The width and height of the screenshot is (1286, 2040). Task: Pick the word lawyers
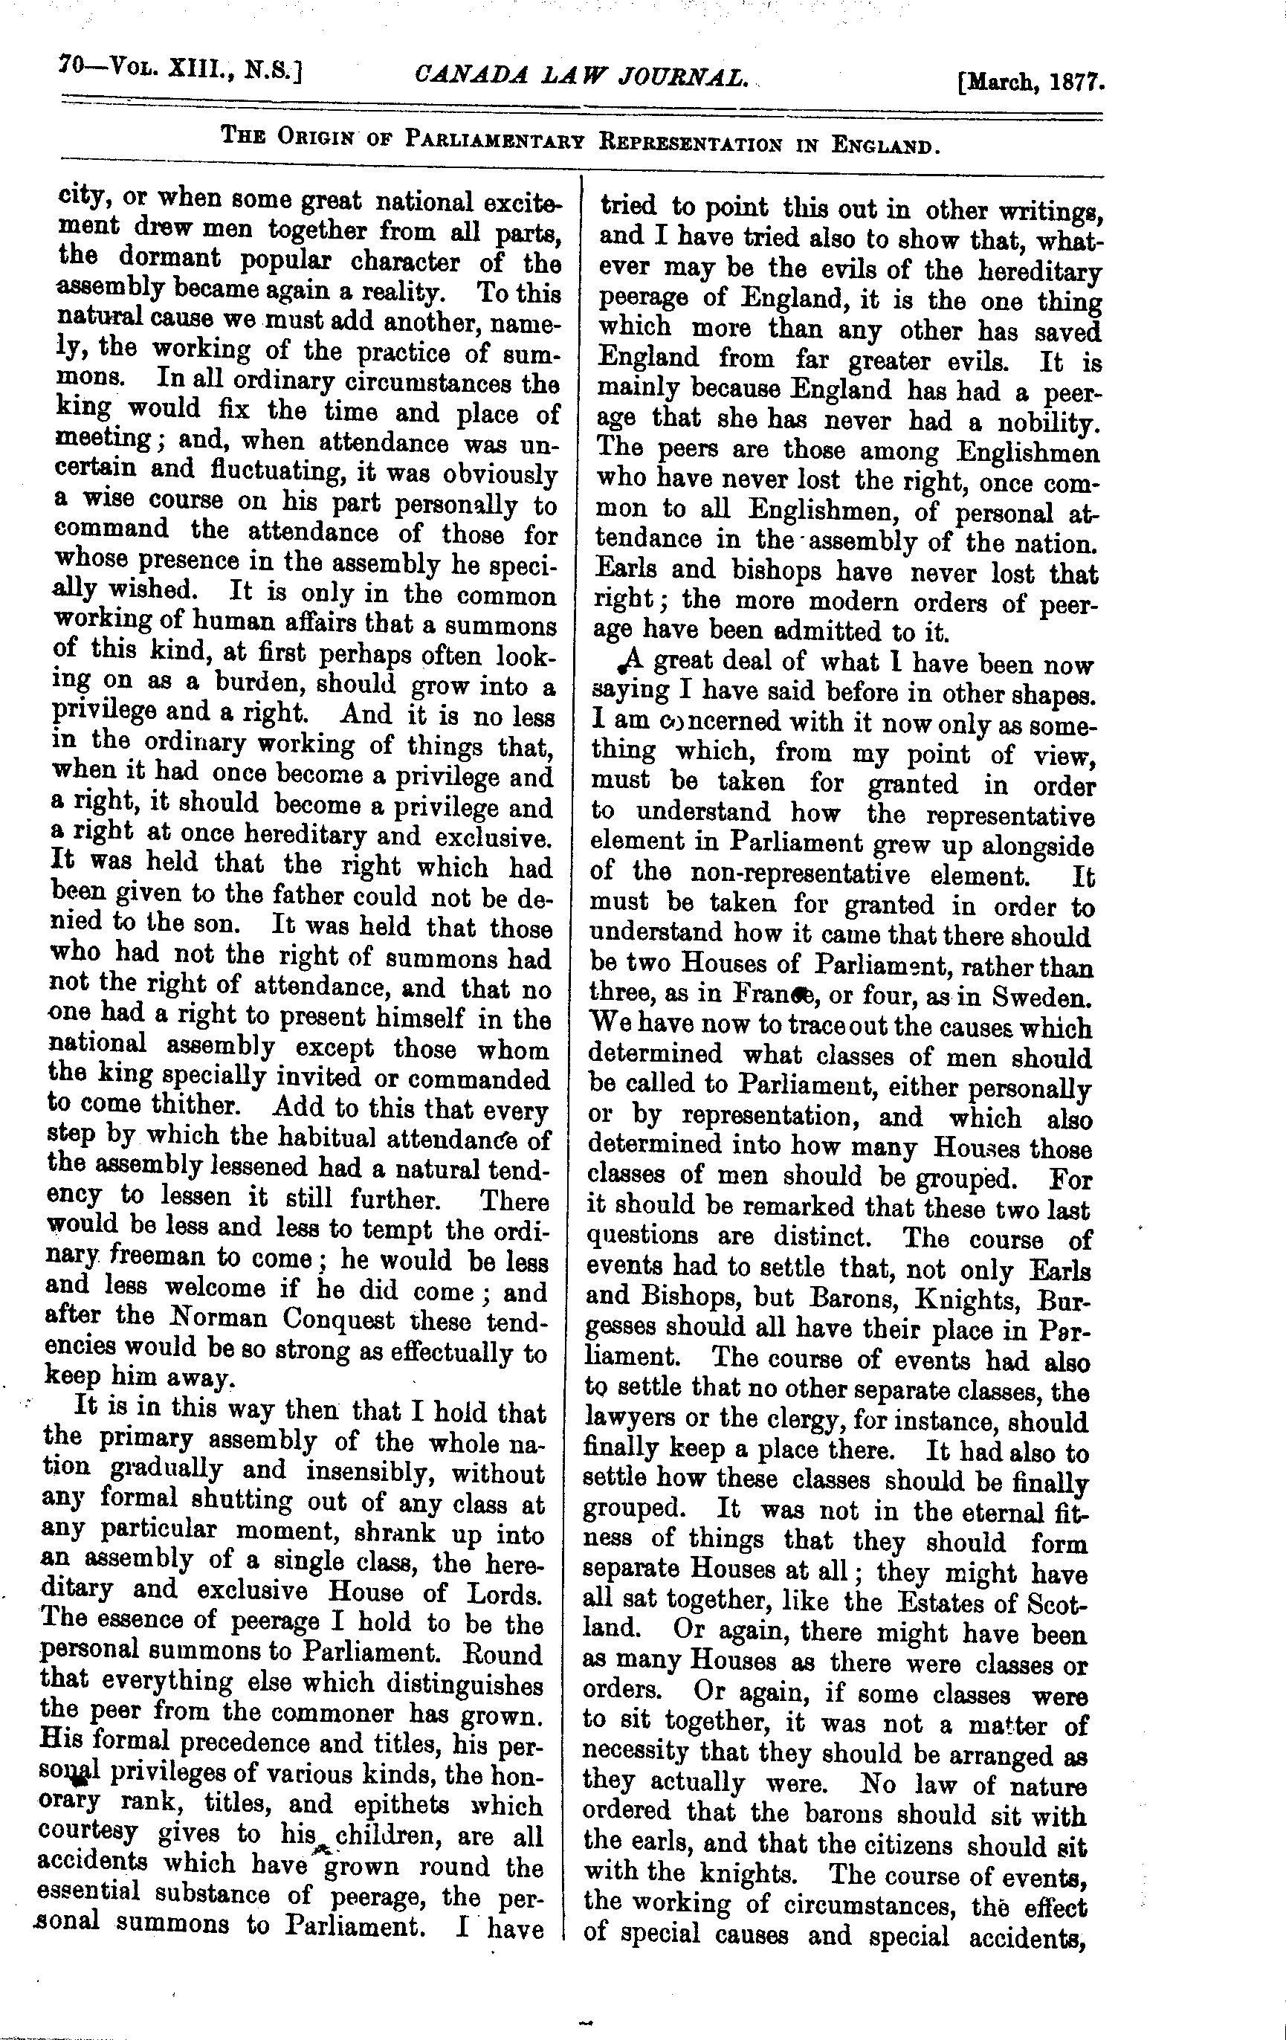click(627, 1422)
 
